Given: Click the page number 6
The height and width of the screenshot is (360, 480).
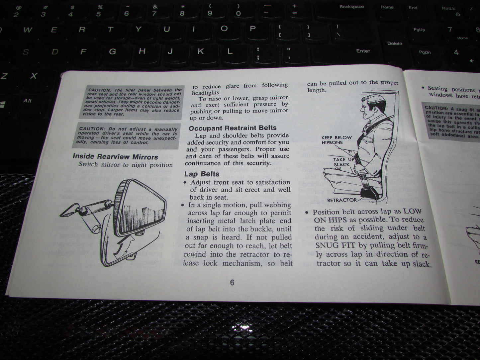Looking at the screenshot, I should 232,283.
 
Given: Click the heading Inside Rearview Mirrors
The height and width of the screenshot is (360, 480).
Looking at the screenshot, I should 115,156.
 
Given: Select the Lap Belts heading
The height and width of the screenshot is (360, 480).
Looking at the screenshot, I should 202,174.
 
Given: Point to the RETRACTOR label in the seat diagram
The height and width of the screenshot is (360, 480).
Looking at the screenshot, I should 342,200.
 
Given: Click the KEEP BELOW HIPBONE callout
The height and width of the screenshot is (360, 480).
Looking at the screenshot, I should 336,140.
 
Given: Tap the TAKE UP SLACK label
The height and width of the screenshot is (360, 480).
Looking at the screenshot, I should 343,162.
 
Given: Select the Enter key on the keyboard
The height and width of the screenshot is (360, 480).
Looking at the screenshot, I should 363,51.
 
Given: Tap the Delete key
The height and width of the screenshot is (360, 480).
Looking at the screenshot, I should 395,44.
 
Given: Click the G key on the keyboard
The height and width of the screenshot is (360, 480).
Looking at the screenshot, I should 113,52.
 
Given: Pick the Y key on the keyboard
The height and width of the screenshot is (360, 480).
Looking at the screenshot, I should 139,29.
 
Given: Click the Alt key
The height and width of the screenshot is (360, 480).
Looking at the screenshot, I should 28,101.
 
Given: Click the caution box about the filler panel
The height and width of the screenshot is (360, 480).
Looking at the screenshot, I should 132,102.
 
